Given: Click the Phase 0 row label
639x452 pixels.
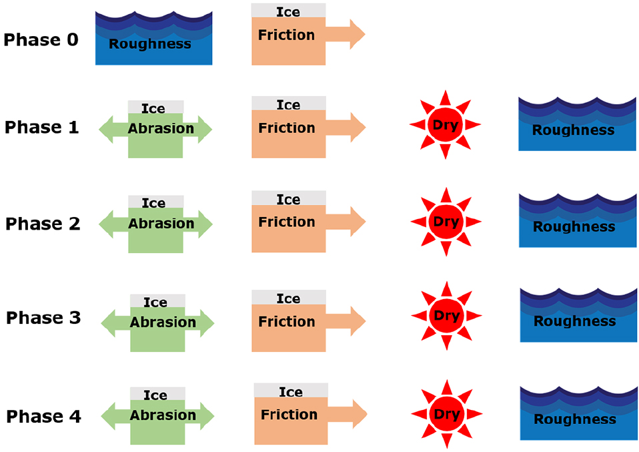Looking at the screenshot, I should tap(41, 40).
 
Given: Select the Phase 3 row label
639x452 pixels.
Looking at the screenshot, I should tap(43, 318).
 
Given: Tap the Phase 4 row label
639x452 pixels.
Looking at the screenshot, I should tap(43, 417).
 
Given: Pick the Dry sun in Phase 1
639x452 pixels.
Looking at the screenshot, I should tap(445, 125).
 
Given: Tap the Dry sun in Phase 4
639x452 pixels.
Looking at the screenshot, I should tap(446, 415).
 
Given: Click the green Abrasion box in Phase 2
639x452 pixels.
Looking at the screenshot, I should tap(155, 230).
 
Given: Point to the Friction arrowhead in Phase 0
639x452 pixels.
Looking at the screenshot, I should tap(357, 34).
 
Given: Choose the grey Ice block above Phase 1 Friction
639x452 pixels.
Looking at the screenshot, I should tap(288, 104).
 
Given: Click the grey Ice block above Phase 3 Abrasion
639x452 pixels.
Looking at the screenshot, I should tap(157, 302).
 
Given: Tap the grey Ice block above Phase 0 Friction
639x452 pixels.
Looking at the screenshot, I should tap(288, 11).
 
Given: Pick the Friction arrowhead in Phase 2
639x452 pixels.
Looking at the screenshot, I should tap(357, 221).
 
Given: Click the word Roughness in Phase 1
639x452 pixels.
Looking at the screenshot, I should tap(573, 130).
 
